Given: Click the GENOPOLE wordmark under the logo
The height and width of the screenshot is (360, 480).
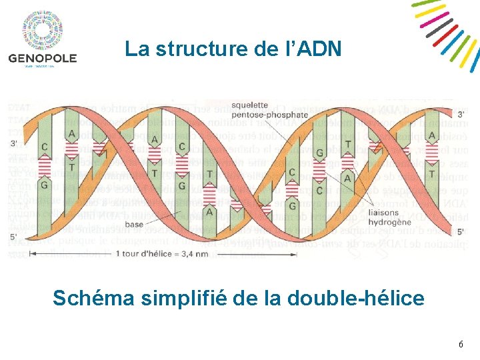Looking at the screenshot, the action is click(43, 58).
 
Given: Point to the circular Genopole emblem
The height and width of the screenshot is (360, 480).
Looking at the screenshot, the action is click(43, 31).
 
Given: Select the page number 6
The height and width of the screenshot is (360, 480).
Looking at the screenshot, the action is click(461, 345).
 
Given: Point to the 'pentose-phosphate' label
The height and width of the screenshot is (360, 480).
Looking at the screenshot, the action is click(271, 114).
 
